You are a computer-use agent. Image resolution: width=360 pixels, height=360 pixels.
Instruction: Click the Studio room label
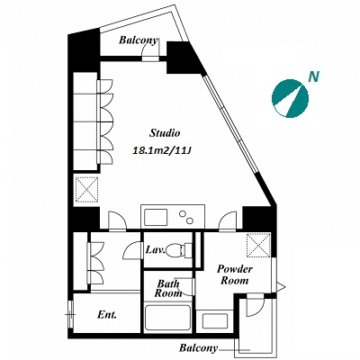coord(165,133)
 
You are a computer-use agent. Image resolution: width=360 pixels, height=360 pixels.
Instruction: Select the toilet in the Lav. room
coord(179,250)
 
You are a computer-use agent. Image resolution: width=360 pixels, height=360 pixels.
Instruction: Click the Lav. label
coord(155,249)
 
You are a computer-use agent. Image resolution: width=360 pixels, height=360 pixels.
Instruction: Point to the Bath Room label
coord(168,288)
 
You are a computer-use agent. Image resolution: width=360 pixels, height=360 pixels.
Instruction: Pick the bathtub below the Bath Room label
coord(167,318)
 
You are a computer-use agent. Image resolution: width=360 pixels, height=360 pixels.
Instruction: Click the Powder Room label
coord(235,274)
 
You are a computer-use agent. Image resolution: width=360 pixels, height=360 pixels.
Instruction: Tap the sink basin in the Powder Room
coord(215,320)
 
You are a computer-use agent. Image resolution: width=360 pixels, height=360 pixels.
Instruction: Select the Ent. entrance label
coord(107,315)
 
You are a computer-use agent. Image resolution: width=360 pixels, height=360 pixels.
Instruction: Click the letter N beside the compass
coord(314,76)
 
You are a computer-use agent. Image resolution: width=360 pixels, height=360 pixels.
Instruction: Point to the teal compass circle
coord(290,98)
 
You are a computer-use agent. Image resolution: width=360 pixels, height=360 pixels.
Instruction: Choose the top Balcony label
coord(138,40)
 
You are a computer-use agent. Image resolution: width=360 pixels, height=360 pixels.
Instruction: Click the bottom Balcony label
coord(198,348)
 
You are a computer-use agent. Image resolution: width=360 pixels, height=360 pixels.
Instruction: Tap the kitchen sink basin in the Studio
coord(156,217)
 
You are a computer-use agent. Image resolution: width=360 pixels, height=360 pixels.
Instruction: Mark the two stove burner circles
coord(186,217)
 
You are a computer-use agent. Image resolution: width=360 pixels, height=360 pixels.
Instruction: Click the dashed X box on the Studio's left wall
coord(86,189)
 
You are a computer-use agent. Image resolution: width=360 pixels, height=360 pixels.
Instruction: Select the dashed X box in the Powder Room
coord(258,245)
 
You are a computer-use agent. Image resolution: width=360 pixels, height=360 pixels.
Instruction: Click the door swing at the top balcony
coord(151,49)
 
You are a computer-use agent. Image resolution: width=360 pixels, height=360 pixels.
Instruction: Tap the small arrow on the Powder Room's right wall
coord(281,287)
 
